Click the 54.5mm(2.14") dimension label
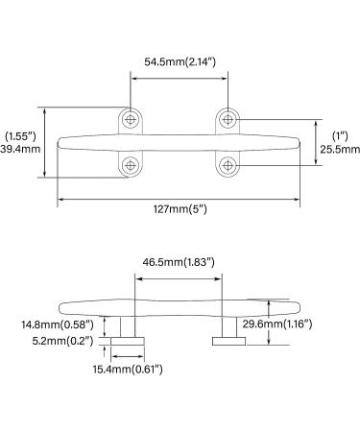point(180,61)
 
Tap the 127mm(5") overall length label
point(180,209)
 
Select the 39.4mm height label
point(20,149)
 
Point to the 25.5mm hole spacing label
point(340,149)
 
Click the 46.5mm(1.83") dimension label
point(179,262)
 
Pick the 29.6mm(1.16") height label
point(277,324)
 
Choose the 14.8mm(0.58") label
point(58,324)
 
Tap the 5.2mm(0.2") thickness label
point(62,341)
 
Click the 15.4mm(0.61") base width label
point(128,370)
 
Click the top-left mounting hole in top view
point(130,120)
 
